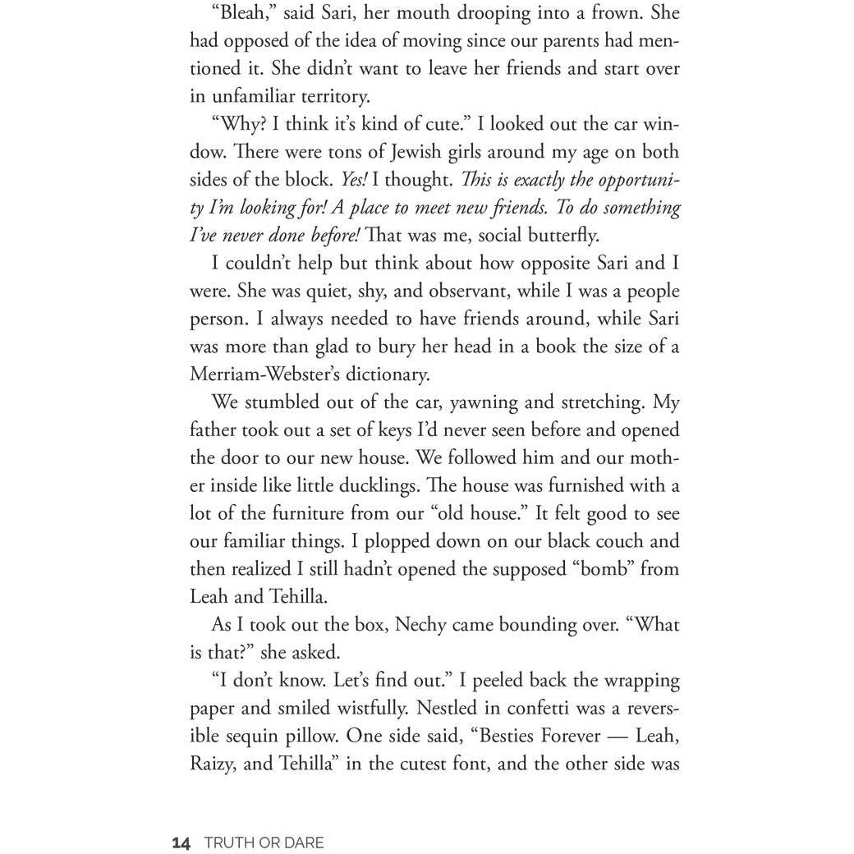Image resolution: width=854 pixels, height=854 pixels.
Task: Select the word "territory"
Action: (317, 96)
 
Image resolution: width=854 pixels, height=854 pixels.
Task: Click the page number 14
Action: (181, 843)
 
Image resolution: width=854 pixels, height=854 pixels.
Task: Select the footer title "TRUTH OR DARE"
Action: (264, 843)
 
